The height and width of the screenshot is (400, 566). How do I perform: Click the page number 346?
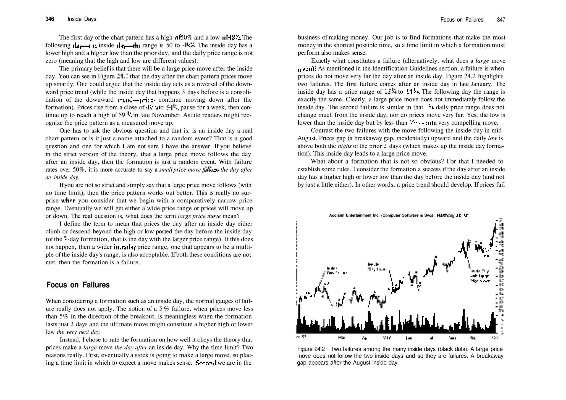coord(50,19)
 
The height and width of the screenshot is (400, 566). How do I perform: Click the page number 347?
coord(501,20)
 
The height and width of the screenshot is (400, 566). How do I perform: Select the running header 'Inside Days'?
coord(82,19)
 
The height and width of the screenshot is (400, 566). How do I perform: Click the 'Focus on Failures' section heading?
coord(78,285)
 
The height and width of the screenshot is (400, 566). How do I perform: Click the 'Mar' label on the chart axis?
coord(342,337)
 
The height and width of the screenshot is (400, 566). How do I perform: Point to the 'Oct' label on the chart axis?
coord(495,337)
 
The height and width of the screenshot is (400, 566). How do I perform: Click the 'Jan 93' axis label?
coord(301,337)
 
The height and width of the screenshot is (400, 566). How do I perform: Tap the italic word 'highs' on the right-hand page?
coord(344,146)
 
